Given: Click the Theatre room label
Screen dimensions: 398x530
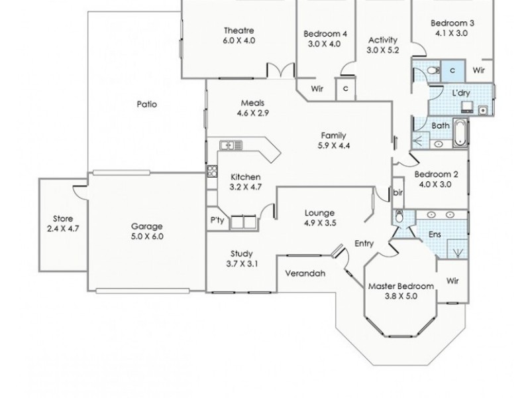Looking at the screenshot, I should [238, 31].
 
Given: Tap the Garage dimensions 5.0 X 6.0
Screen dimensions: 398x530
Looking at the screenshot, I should [147, 236].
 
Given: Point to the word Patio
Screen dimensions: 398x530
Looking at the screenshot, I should [146, 104].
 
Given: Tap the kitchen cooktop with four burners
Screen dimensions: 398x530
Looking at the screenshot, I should [213, 172].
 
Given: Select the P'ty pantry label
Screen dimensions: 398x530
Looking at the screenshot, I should [217, 219].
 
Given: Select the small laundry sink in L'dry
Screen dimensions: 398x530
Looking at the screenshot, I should [481, 109].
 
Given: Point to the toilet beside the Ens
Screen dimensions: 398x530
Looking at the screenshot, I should [399, 218].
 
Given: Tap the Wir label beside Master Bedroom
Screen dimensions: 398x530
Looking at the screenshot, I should [453, 281].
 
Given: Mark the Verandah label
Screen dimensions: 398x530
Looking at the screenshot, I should [304, 273].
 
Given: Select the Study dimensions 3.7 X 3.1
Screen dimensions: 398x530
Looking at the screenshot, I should [241, 264].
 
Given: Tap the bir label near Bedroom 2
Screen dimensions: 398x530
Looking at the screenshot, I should [398, 192].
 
